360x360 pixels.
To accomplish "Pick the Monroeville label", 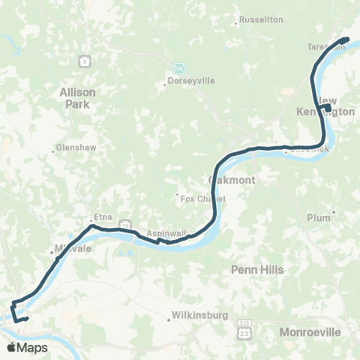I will click(x=310, y=331).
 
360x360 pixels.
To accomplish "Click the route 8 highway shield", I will click(x=87, y=60).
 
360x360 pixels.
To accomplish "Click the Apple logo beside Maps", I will click(x=11, y=348).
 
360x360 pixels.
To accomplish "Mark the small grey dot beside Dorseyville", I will click(x=165, y=84).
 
